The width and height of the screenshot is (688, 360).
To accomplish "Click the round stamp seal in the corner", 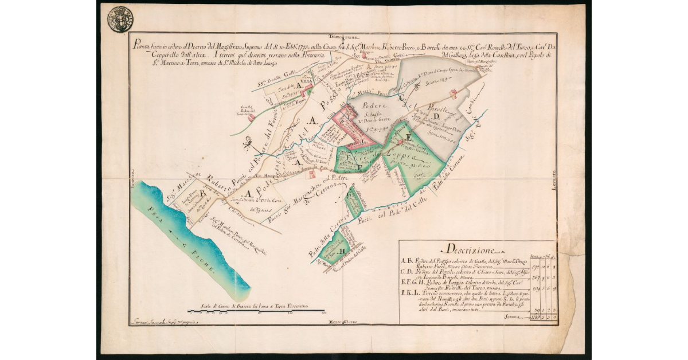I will pos(120,18).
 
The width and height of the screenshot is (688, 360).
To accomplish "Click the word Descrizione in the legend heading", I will pos(464,251).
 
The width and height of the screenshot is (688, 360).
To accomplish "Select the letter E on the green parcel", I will pos(408,137).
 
